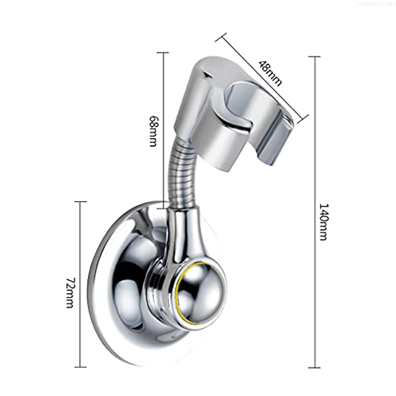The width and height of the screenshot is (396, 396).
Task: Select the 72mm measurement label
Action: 70,293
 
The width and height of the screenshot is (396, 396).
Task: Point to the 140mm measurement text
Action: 323,222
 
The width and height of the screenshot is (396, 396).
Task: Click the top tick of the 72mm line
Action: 81,202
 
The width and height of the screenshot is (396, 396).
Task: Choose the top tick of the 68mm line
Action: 163,52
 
